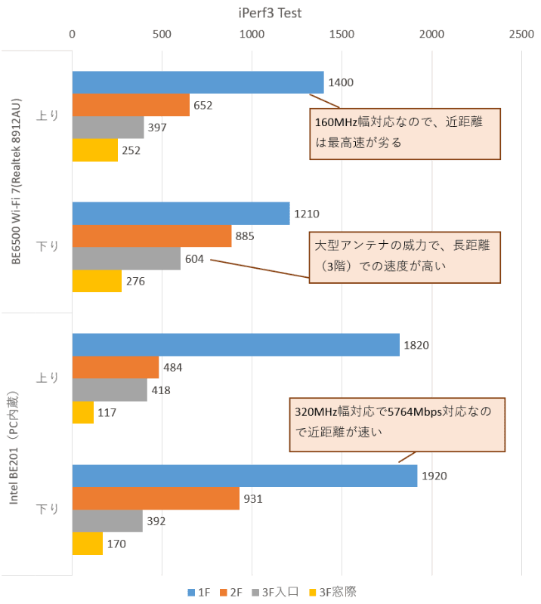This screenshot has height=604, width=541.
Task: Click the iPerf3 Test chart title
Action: [x=270, y=13]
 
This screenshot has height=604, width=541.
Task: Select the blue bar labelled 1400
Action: [x=197, y=82]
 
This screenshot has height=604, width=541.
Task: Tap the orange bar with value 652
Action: [x=131, y=105]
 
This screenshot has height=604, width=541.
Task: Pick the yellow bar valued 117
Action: [x=82, y=412]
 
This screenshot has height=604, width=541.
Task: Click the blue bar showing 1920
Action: [x=244, y=476]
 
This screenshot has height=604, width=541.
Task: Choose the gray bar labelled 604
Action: [x=126, y=259]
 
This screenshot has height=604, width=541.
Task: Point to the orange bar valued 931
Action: [x=156, y=498]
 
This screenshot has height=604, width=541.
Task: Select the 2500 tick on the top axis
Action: [x=521, y=34]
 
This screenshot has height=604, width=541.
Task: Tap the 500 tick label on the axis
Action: [x=162, y=34]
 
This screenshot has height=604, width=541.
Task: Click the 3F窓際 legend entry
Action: [x=334, y=592]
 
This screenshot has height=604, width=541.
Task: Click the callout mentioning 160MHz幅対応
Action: [x=405, y=132]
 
